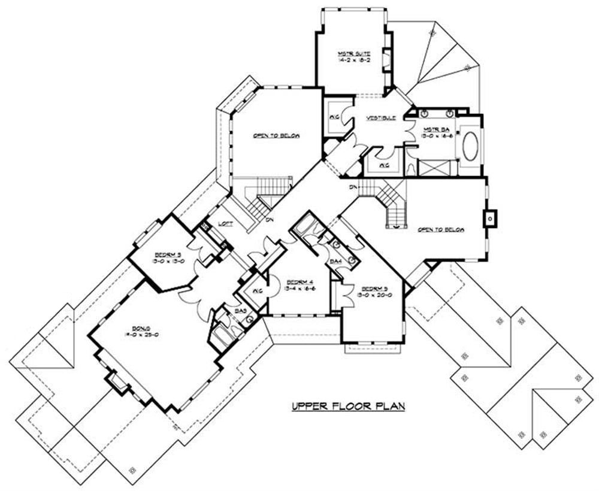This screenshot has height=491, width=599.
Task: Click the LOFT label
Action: (225, 223)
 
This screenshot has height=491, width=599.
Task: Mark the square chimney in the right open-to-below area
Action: (491, 219)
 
